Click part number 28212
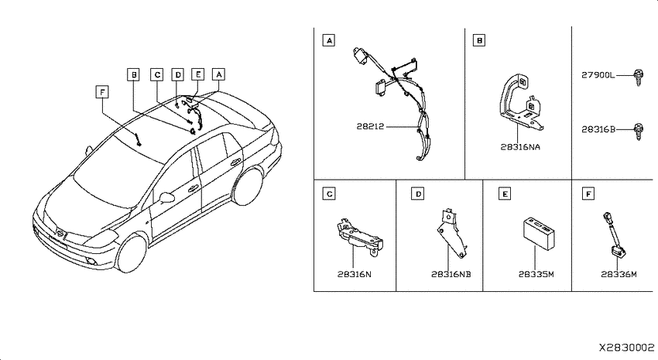point(370,126)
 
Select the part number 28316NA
point(520,147)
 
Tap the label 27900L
point(598,76)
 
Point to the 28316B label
point(598,129)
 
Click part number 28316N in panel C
point(355,274)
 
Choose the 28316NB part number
point(451,274)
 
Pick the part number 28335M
point(536,274)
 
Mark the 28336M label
point(619,274)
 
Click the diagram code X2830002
point(626,348)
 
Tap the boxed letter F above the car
point(102,91)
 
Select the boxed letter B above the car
point(134,74)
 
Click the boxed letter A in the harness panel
point(329,40)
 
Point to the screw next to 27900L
point(638,77)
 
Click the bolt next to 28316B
point(638,132)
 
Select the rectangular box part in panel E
point(540,233)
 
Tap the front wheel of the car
point(132,253)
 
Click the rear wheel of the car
point(248,187)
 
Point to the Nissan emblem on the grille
point(61,234)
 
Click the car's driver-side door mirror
point(167,197)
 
